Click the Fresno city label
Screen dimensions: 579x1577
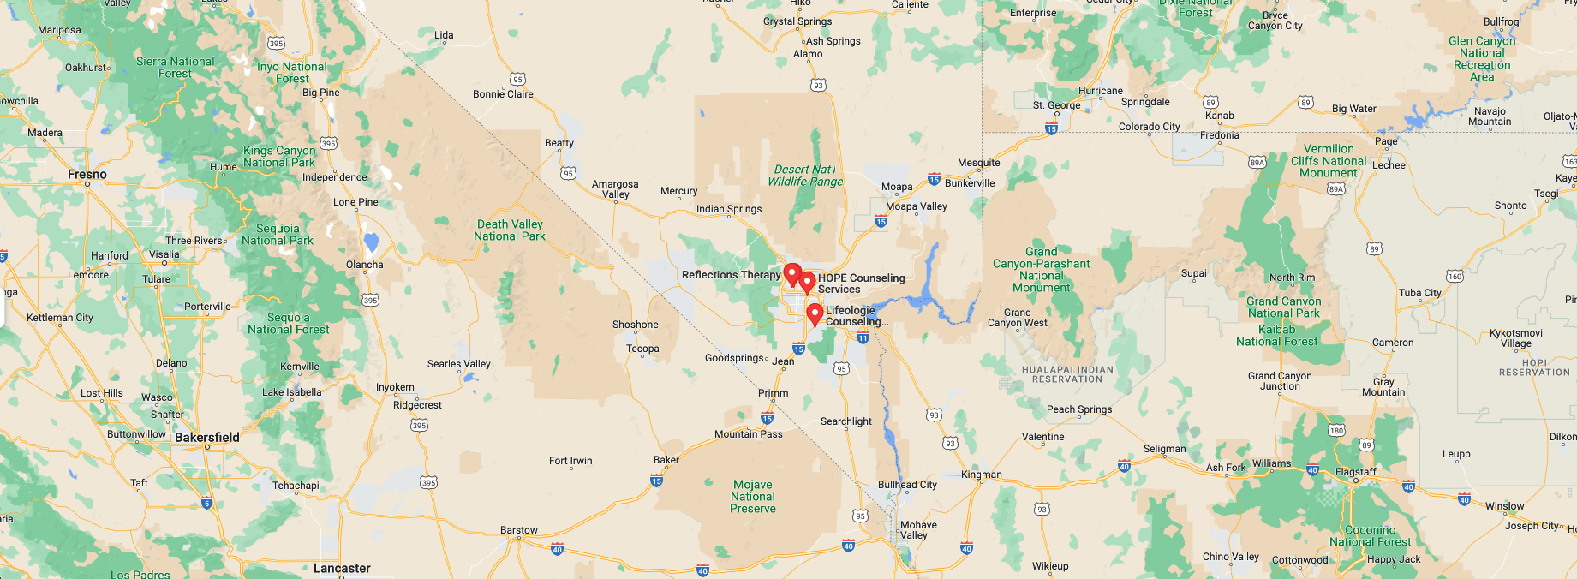point(87,175)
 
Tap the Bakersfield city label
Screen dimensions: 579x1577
point(206,438)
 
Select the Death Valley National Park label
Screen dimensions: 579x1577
point(510,230)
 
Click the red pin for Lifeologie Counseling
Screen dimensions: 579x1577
point(815,313)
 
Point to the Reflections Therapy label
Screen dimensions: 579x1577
point(731,275)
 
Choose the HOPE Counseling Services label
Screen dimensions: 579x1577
point(861,284)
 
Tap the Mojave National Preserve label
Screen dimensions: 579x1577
point(753,497)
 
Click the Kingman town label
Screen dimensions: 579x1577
point(981,475)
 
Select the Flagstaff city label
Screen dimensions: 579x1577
point(1355,472)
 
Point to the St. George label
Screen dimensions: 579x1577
point(1056,105)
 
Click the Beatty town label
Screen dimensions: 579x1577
point(559,143)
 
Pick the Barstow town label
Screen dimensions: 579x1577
point(519,530)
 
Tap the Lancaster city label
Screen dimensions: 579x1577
point(342,569)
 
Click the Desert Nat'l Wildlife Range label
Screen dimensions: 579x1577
point(805,176)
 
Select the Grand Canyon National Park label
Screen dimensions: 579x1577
point(1283,307)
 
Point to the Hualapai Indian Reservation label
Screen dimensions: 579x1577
point(1067,374)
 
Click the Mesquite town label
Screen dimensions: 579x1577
point(978,163)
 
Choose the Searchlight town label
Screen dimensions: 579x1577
point(845,421)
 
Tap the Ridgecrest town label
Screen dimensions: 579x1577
point(417,405)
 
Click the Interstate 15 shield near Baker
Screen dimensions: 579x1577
point(656,481)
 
